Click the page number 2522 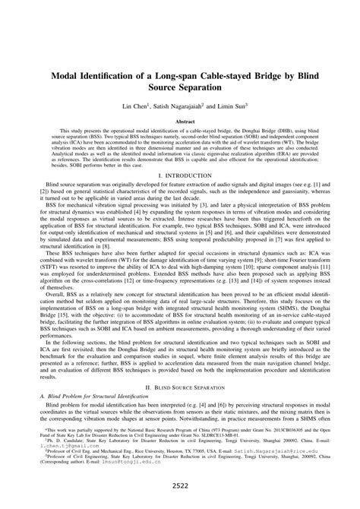point(180,485)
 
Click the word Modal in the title point(68,76)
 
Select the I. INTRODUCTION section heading point(180,196)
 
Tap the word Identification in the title point(116,76)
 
